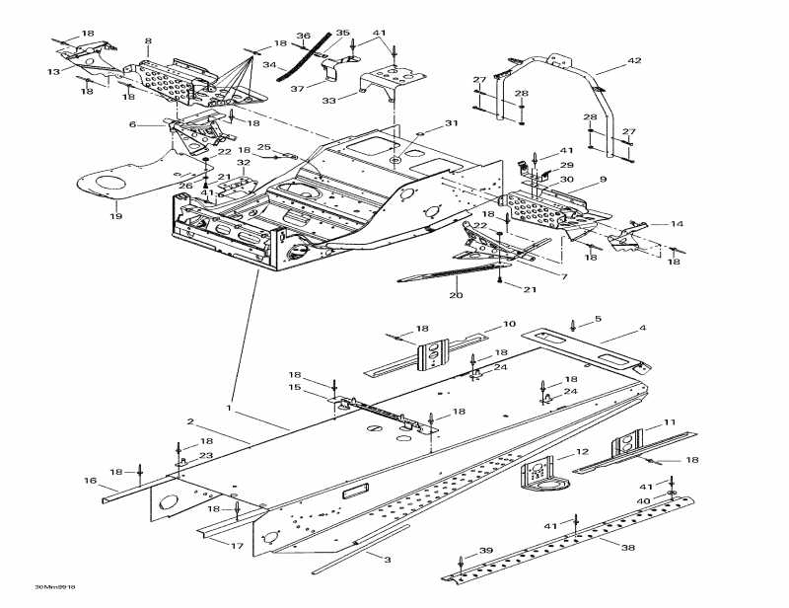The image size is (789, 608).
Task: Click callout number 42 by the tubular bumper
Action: coord(633,61)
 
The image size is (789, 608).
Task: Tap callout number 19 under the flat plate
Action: coord(115,216)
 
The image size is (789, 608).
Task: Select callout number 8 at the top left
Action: coord(148,41)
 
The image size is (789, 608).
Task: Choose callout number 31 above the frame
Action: coord(451,123)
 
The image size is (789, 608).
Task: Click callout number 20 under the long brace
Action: coord(456,295)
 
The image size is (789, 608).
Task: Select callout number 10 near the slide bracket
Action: coord(509,324)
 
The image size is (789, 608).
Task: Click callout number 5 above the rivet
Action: coord(598,320)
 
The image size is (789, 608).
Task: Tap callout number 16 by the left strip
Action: coord(90,481)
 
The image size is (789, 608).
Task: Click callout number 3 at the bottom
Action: coord(387,559)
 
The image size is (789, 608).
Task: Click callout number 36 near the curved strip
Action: coord(304,37)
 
